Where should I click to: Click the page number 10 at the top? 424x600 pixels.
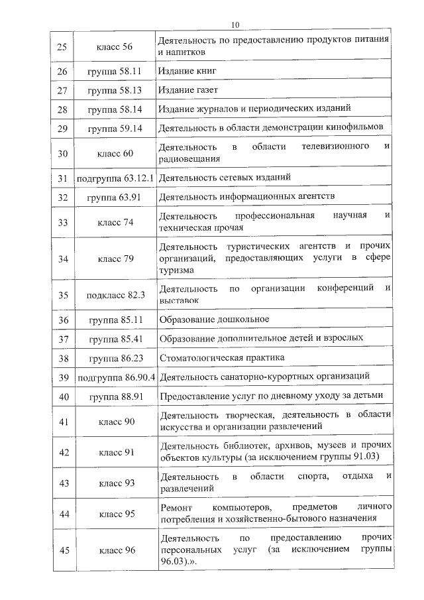click(x=235, y=25)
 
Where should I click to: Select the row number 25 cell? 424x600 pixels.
click(x=62, y=46)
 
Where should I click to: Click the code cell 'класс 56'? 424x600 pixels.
click(x=115, y=46)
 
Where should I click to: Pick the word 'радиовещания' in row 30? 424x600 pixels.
click(x=189, y=159)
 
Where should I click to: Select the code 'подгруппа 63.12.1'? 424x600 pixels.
click(x=115, y=178)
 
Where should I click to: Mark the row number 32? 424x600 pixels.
click(x=64, y=198)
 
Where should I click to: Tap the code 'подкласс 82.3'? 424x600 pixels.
click(x=115, y=295)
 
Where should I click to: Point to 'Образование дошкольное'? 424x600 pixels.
click(x=214, y=320)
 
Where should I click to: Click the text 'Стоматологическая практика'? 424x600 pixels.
click(x=222, y=357)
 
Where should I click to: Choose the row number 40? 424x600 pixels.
click(x=64, y=397)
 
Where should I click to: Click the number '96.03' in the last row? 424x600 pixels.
click(x=174, y=562)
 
